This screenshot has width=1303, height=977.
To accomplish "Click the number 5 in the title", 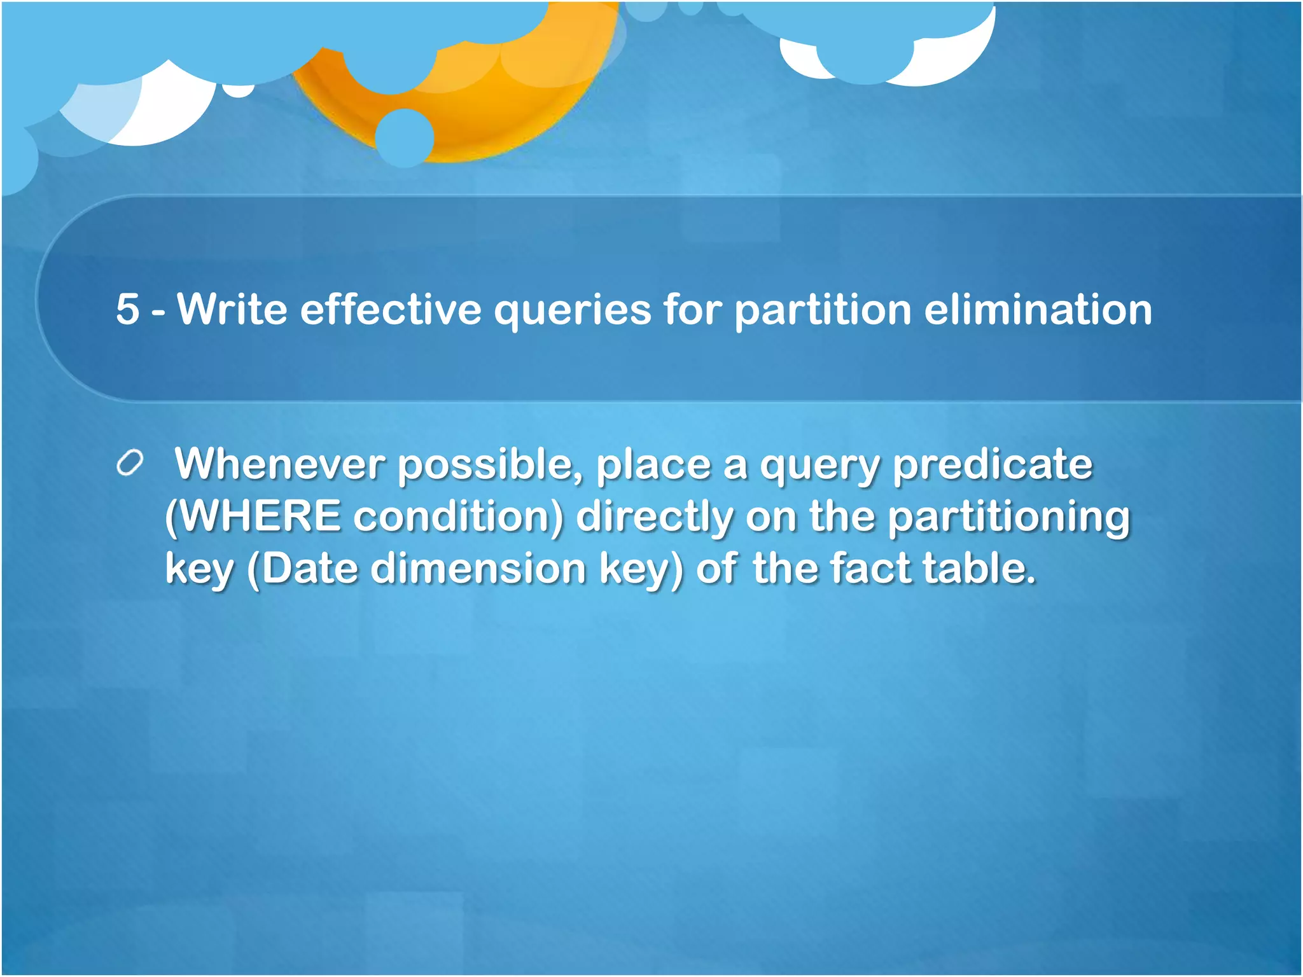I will click(x=127, y=310).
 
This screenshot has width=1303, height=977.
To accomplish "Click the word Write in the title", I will click(x=232, y=310).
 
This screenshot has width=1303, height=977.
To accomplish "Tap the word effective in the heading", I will click(x=390, y=310).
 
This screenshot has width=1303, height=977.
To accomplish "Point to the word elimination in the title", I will click(x=1037, y=310).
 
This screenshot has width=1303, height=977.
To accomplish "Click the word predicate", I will click(x=993, y=464).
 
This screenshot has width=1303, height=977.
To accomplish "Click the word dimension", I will click(x=478, y=568).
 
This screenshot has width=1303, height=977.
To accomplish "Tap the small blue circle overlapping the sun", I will click(x=405, y=137).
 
